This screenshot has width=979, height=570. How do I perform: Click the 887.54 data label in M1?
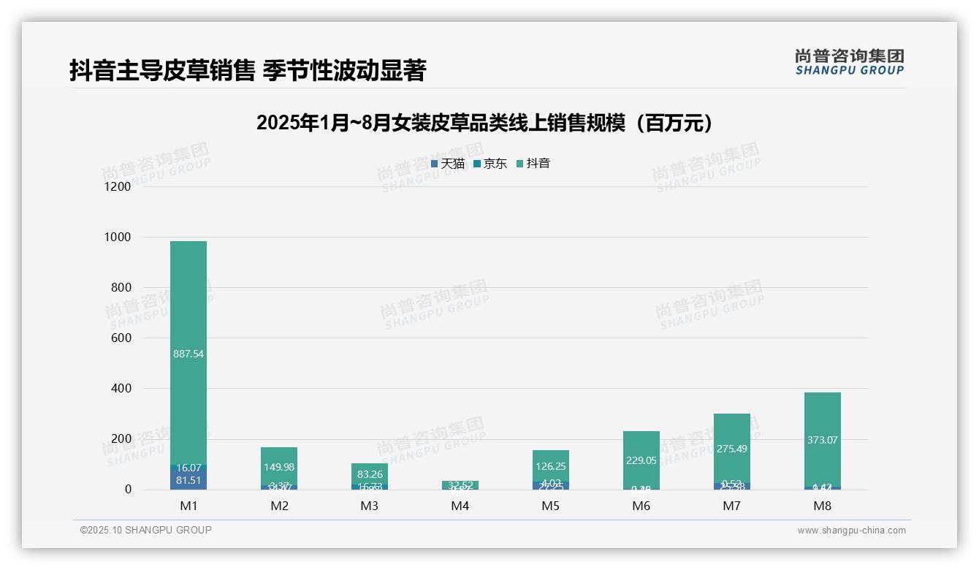[x=188, y=354]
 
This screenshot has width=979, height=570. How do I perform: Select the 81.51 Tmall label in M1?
[x=188, y=480]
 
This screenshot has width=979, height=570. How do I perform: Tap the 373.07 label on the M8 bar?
[x=823, y=440]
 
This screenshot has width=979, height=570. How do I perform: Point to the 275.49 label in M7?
[x=732, y=449]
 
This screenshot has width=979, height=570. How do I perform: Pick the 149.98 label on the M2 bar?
[x=279, y=467]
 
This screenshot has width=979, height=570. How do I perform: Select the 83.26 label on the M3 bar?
[x=370, y=474]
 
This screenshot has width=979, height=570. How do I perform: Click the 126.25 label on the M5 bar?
[x=551, y=466]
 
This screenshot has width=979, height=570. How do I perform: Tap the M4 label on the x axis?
[x=460, y=506]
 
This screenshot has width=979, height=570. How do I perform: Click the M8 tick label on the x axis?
[x=823, y=506]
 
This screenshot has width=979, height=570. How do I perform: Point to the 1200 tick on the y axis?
[x=118, y=187]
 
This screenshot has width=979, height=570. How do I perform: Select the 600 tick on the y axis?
[x=121, y=338]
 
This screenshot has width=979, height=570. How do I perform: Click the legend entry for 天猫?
[x=448, y=164]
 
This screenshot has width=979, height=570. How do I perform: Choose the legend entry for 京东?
[x=490, y=164]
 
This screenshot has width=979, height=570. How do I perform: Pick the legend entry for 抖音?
[x=533, y=164]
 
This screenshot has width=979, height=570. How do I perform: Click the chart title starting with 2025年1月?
[x=484, y=123]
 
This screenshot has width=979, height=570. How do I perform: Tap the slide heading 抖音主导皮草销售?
[x=248, y=71]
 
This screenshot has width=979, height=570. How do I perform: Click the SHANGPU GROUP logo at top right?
[x=850, y=62]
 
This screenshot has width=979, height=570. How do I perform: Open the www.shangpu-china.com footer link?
[x=851, y=531]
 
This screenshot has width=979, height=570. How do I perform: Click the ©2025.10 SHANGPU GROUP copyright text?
[x=146, y=531]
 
